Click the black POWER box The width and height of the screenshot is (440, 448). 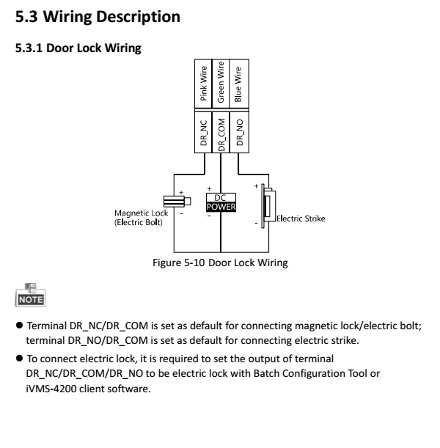(220, 207)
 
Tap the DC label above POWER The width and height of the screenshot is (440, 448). (220, 197)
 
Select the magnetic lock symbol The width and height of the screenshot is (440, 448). (173, 200)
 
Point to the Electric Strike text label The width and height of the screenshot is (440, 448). (301, 218)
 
